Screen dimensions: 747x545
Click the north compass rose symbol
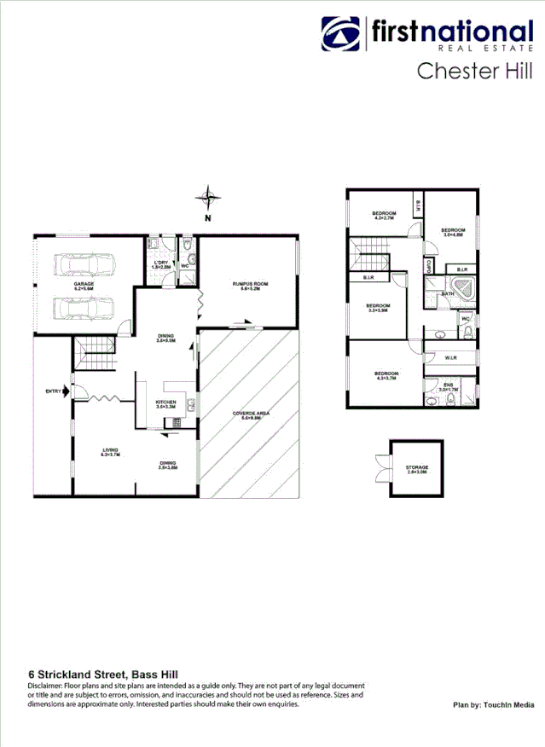207,199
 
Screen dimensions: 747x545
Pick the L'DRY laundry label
161,264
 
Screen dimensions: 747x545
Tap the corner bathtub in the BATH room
462,287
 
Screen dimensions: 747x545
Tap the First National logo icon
341,36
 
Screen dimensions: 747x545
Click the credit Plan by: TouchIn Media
493,705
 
